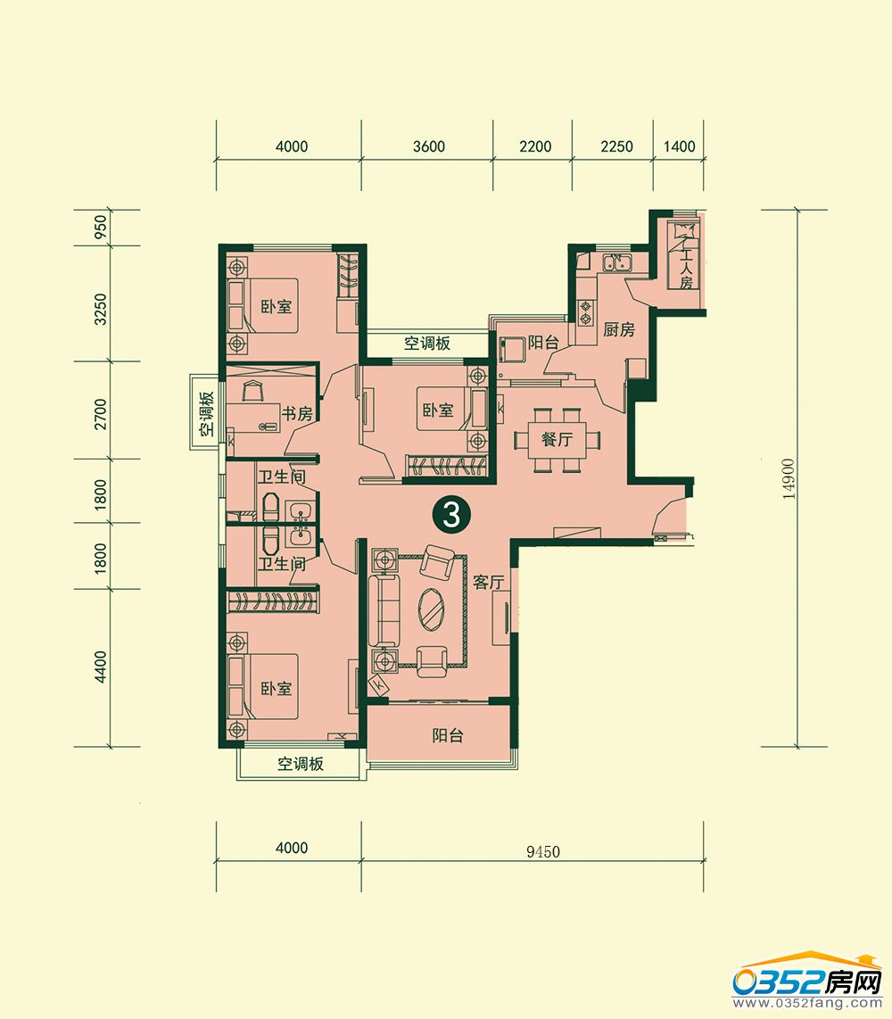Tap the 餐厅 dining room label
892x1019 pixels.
click(557, 439)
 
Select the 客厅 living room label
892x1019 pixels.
click(489, 582)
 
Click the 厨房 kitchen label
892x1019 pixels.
click(618, 329)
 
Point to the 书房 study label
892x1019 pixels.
click(297, 412)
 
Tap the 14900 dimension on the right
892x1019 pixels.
click(789, 479)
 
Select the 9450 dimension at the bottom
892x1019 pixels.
click(543, 851)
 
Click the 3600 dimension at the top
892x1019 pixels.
click(429, 146)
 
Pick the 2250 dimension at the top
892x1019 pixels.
click(616, 146)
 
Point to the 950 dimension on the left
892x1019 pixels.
click(100, 228)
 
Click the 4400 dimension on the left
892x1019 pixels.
click(100, 667)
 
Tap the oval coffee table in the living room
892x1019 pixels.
click(432, 609)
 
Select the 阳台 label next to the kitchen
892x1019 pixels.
click(543, 343)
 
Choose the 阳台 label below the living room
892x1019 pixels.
click(448, 735)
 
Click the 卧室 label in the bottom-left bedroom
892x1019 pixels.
click(277, 688)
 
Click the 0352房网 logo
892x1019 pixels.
click(808, 982)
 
